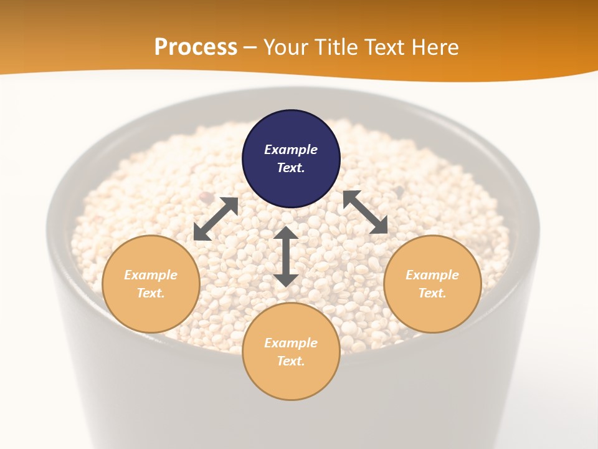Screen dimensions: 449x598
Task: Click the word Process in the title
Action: (x=196, y=47)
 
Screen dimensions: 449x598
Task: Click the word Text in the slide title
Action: (x=386, y=47)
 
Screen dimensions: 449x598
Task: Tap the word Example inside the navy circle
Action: (x=291, y=150)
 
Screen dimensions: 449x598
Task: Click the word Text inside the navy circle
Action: (x=291, y=168)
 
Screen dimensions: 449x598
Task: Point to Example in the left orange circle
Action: (x=151, y=275)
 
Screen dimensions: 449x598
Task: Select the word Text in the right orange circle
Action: (x=432, y=293)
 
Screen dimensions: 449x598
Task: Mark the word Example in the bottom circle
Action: (x=291, y=343)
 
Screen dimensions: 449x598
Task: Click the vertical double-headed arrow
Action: (x=286, y=256)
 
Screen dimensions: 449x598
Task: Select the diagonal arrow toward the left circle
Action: (x=216, y=219)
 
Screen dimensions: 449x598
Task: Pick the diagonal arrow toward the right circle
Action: (x=365, y=212)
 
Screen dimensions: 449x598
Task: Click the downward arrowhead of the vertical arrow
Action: (x=286, y=280)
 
